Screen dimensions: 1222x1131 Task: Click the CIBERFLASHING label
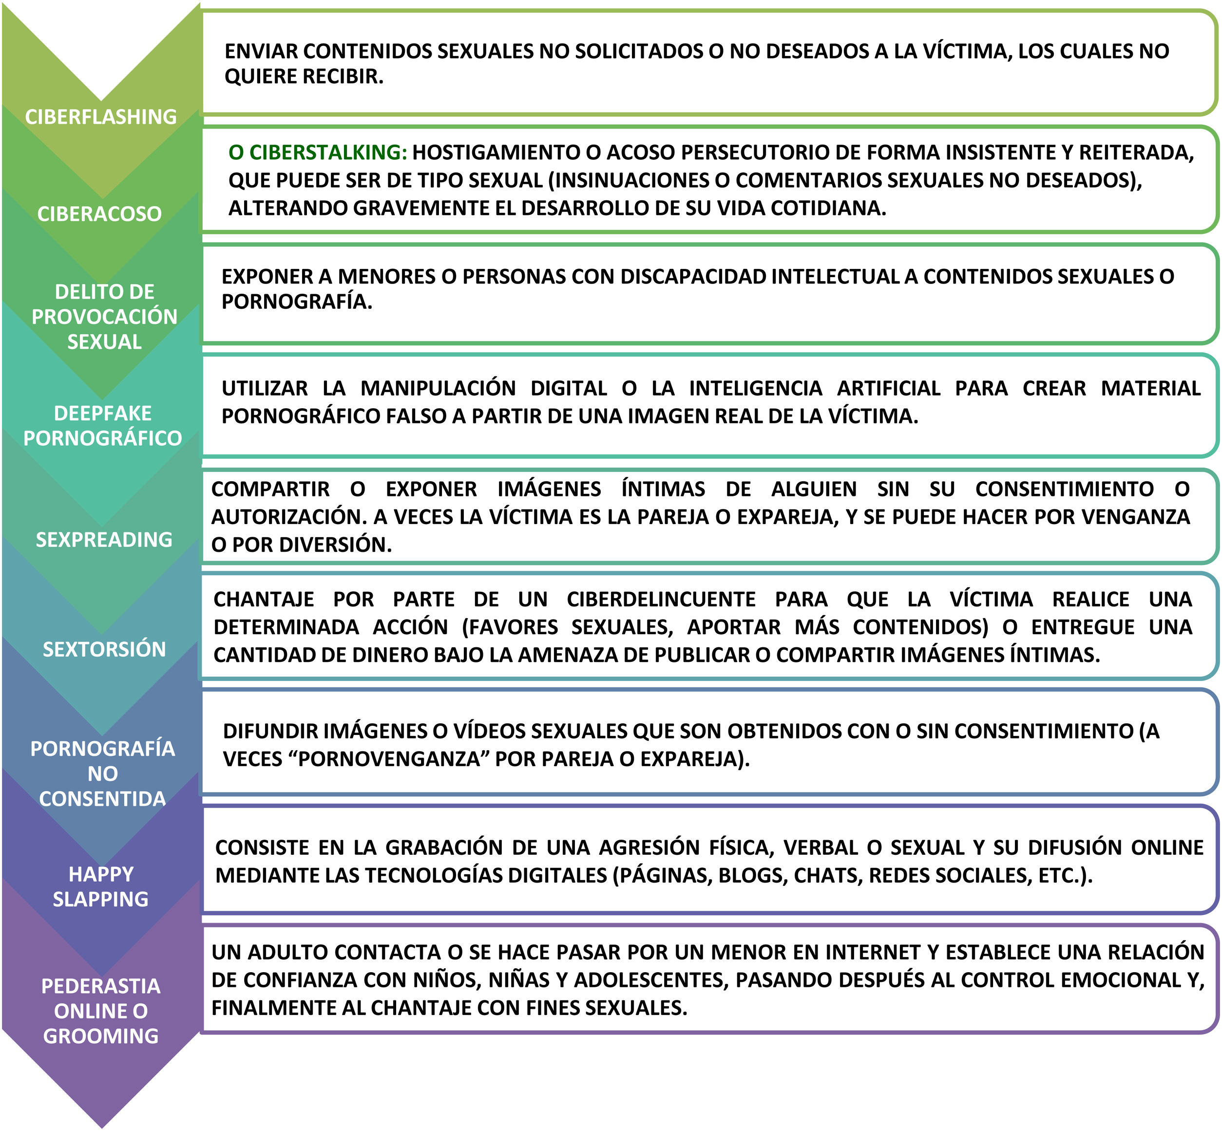pyautogui.click(x=101, y=116)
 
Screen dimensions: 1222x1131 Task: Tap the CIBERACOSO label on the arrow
pyautogui.click(x=100, y=214)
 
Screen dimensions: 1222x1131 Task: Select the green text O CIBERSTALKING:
pyautogui.click(x=317, y=152)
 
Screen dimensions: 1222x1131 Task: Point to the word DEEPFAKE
pyautogui.click(x=103, y=413)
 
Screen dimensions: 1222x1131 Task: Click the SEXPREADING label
pyautogui.click(x=104, y=539)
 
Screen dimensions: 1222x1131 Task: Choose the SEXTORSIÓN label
pyautogui.click(x=104, y=649)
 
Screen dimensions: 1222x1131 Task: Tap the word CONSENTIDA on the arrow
pyautogui.click(x=102, y=799)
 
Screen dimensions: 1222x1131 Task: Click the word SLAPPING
pyautogui.click(x=100, y=899)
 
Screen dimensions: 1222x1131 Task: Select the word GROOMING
pyautogui.click(x=100, y=1036)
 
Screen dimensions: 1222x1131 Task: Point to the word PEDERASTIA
pyautogui.click(x=100, y=986)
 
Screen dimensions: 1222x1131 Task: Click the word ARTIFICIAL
pyautogui.click(x=888, y=388)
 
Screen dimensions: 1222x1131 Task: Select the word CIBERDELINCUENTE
pyautogui.click(x=661, y=599)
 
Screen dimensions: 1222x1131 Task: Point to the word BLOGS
pyautogui.click(x=752, y=875)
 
